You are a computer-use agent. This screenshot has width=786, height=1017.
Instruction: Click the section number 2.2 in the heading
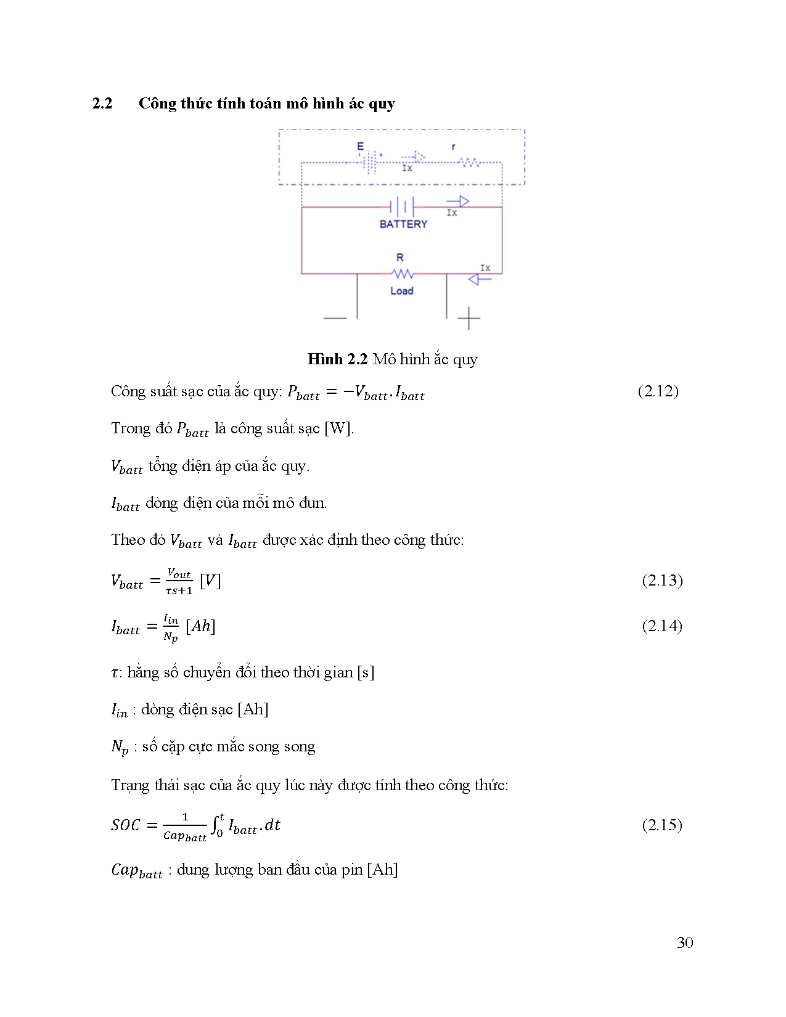(102, 104)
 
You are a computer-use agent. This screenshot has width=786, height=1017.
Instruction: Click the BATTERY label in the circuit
(403, 224)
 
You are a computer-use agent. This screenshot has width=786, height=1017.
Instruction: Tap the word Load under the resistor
(401, 291)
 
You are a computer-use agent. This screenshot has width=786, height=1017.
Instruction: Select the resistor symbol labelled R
(403, 273)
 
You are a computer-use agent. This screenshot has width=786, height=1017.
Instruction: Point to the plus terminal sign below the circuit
(469, 318)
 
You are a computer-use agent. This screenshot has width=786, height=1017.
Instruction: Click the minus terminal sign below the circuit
(335, 318)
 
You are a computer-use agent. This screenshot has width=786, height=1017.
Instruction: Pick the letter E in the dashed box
(361, 147)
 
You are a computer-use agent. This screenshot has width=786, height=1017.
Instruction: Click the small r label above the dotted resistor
(453, 147)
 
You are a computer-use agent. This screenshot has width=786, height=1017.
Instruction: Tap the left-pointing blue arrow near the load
(480, 279)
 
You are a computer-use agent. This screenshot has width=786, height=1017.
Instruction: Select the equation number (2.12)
(658, 391)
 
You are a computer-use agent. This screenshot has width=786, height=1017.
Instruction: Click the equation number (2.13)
(662, 580)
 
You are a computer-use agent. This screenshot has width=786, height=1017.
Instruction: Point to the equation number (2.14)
(662, 626)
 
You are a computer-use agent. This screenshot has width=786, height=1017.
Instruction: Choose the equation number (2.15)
(662, 825)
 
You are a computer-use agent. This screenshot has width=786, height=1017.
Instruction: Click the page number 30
(684, 942)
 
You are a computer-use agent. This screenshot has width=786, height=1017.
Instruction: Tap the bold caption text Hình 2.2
(337, 359)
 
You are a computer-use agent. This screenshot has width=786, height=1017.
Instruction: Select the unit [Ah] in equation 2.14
(200, 626)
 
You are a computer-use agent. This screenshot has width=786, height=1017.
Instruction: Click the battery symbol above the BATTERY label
(401, 206)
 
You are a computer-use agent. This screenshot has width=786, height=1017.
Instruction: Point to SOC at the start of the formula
(126, 825)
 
